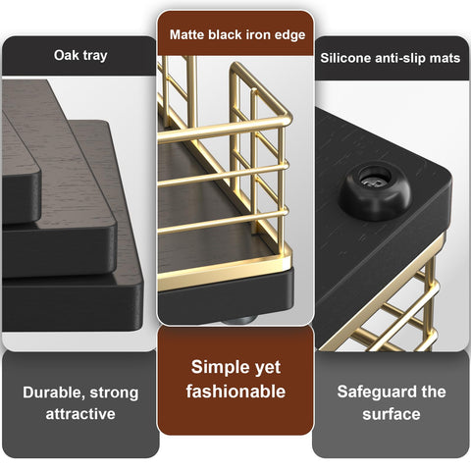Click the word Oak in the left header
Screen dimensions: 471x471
tap(66, 56)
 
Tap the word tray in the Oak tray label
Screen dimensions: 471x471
tap(95, 56)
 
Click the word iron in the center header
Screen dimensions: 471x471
tap(258, 35)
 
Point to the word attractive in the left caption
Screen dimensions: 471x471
tap(80, 414)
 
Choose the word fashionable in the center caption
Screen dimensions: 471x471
tap(235, 392)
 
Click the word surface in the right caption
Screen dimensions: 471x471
tap(392, 414)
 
